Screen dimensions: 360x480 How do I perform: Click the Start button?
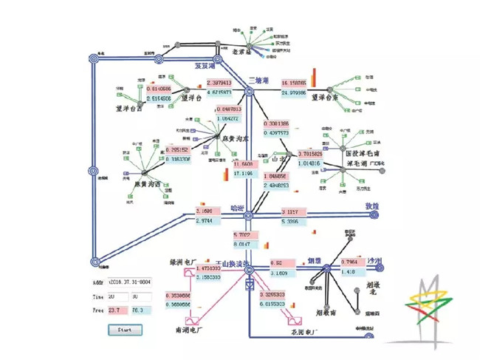(124, 330)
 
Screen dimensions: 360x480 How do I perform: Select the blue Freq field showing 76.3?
(140, 310)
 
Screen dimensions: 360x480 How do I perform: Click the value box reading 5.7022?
(246, 235)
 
